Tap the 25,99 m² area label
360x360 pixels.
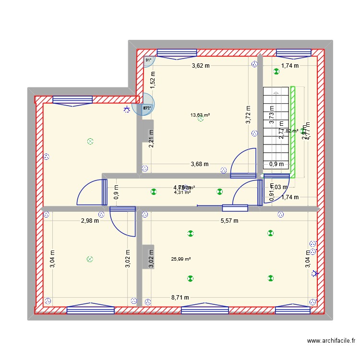[x=180, y=259]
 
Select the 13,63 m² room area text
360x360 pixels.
[x=200, y=115]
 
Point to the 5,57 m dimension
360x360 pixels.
[x=228, y=221]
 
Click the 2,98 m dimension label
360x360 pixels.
[x=89, y=221]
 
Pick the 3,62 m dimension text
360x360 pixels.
[x=201, y=66]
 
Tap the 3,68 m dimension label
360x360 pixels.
[x=199, y=164]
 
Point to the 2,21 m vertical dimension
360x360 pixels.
[x=151, y=139]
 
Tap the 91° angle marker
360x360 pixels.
[x=148, y=60]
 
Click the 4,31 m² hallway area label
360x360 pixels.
[x=182, y=192]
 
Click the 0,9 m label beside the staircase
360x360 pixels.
[x=276, y=164]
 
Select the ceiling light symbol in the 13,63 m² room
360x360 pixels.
[x=200, y=119]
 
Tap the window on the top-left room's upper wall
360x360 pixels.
[x=72, y=99]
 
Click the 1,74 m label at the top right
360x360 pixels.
[x=290, y=66]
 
